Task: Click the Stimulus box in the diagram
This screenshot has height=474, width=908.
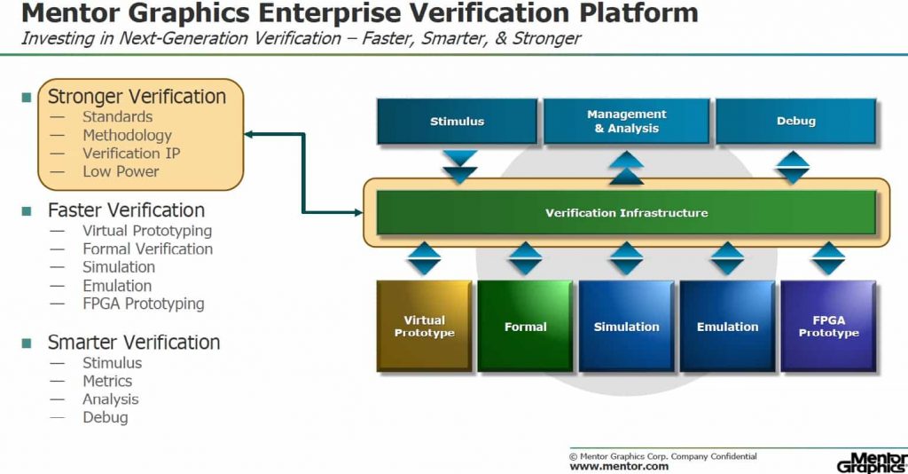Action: pyautogui.click(x=457, y=121)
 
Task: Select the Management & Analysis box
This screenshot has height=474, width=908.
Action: pyautogui.click(x=626, y=121)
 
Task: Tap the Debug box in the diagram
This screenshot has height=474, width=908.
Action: pyautogui.click(x=795, y=121)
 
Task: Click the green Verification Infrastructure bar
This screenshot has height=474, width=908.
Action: pyautogui.click(x=626, y=213)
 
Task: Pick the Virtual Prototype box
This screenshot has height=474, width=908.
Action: pyautogui.click(x=424, y=326)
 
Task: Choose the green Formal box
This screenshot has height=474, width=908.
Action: pyautogui.click(x=525, y=326)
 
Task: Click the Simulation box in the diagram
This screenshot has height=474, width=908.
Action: pyautogui.click(x=626, y=326)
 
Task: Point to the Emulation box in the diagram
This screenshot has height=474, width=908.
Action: pyautogui.click(x=727, y=326)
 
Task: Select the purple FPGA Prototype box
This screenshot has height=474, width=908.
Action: pyautogui.click(x=828, y=326)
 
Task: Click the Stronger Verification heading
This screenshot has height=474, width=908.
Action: pyautogui.click(x=137, y=97)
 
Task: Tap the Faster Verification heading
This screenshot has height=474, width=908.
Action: pyautogui.click(x=126, y=210)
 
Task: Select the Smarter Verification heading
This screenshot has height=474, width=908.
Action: pyautogui.click(x=134, y=343)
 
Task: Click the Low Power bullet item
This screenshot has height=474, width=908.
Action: pyautogui.click(x=121, y=171)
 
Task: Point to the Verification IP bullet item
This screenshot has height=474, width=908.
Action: pyautogui.click(x=131, y=154)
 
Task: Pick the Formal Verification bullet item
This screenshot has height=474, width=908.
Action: pyautogui.click(x=147, y=249)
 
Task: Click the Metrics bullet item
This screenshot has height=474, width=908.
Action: pyautogui.click(x=107, y=381)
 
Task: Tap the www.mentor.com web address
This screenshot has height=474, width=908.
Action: pyautogui.click(x=607, y=466)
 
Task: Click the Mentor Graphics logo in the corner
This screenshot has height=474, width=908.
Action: pyautogui.click(x=871, y=462)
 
